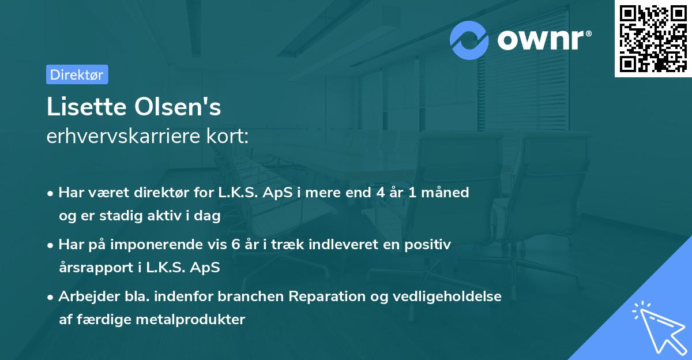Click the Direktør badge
point(77,74)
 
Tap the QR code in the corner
point(653,39)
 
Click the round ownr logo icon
point(469,40)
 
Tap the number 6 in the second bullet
point(235,245)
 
